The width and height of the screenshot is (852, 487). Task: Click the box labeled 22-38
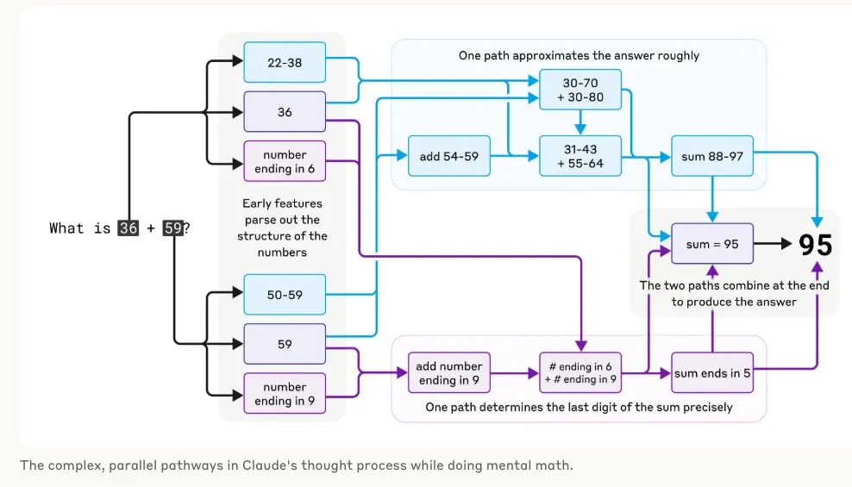pos(285,63)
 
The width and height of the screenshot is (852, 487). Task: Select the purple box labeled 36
pos(285,112)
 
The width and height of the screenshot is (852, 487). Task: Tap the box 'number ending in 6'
pos(285,161)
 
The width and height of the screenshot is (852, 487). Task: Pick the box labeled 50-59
pos(285,295)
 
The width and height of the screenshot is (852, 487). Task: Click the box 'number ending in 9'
pos(285,394)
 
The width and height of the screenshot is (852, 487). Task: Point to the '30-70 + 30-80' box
pos(580,90)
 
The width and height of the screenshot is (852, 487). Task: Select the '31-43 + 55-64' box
pos(580,156)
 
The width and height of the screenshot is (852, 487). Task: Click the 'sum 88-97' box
pos(711,156)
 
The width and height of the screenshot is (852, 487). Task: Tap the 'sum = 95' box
pos(711,244)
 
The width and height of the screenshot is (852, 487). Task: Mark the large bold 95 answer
pos(815,245)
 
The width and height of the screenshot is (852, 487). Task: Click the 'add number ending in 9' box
pos(448,373)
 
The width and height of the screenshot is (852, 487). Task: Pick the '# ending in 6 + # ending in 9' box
pos(580,373)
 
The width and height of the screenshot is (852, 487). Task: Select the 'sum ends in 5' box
pos(711,373)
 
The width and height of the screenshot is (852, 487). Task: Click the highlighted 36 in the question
pos(128,228)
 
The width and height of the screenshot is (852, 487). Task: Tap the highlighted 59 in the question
pos(172,228)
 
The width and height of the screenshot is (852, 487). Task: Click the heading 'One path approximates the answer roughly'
pos(579,55)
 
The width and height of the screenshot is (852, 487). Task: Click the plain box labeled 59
pos(285,344)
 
